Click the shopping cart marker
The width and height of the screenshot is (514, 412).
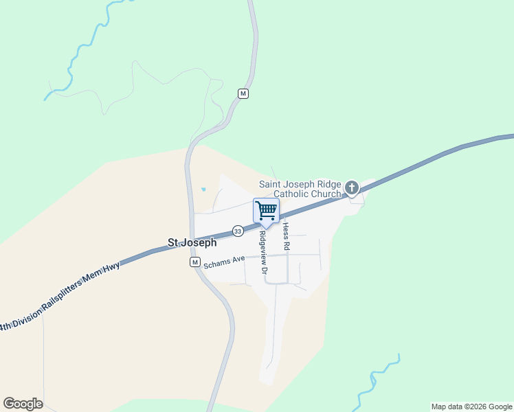click(x=266, y=211)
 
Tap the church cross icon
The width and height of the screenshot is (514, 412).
click(x=352, y=187)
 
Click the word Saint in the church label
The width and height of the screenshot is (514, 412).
click(x=271, y=184)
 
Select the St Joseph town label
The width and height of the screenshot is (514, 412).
click(x=192, y=242)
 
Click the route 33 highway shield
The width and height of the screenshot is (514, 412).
click(x=237, y=231)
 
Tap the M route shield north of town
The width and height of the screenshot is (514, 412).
click(x=243, y=93)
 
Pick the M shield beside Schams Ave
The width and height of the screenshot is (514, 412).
click(x=195, y=263)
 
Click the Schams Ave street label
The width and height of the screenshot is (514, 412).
click(x=225, y=260)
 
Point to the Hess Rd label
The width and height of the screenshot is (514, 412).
click(x=286, y=236)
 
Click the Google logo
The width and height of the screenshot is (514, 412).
click(x=23, y=404)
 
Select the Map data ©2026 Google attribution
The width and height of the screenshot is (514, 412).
click(x=471, y=407)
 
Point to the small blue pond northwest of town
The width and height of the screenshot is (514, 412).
click(x=203, y=190)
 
